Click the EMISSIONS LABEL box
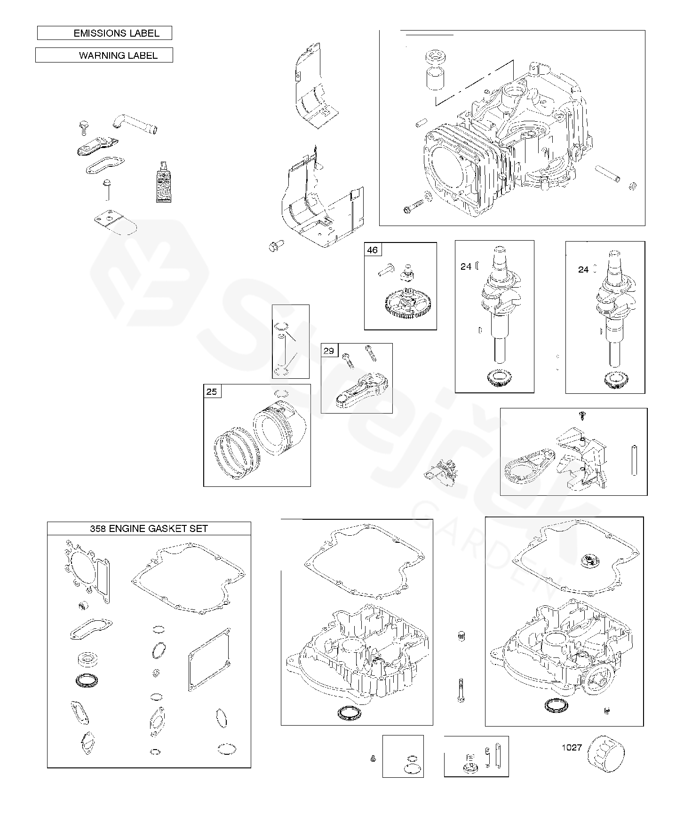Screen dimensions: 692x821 pos(104,33)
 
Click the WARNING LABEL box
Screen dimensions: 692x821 pos(104,55)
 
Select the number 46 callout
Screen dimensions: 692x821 pos(372,250)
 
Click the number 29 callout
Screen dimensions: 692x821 pos(329,351)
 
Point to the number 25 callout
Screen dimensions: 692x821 pos(212,391)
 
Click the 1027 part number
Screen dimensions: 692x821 pos(572,747)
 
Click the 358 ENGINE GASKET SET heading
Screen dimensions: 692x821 pos(149,528)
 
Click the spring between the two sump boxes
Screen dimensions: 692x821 pos(461,637)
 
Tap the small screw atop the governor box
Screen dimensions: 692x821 pos(582,414)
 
